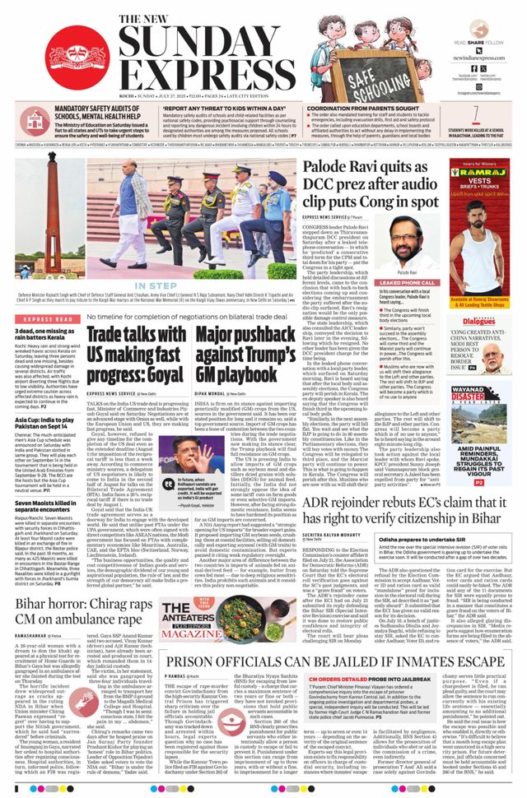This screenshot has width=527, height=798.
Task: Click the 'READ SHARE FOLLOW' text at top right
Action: [x=484, y=41]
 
